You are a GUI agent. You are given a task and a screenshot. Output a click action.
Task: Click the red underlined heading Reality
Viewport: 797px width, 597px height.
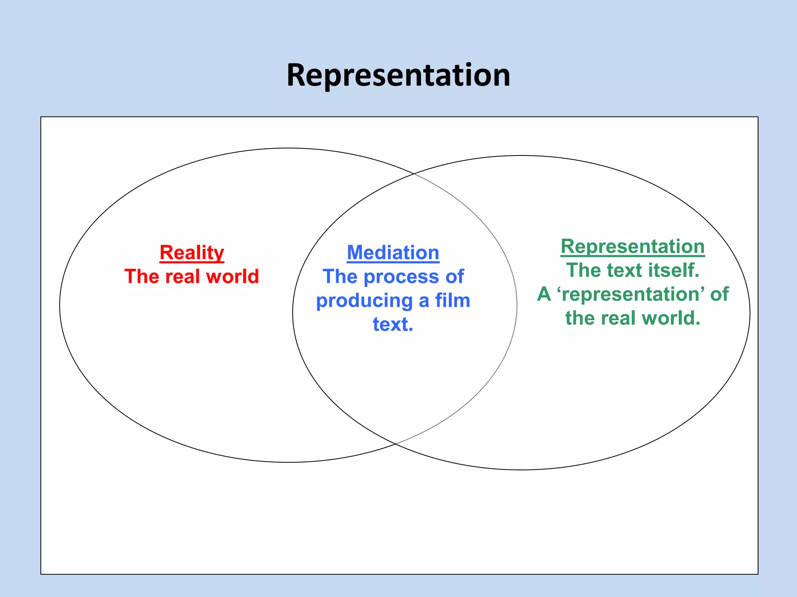coord(192,253)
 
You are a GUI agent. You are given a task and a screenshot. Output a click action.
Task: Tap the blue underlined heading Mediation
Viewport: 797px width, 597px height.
coord(393,253)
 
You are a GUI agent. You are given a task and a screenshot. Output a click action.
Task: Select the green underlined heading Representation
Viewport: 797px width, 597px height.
coord(632,246)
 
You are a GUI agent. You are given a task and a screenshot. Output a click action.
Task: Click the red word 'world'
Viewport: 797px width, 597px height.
coord(232,277)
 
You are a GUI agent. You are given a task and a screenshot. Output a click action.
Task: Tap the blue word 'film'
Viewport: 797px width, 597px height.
coord(453,300)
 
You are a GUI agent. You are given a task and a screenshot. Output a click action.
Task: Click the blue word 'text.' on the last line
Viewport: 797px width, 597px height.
coord(393,324)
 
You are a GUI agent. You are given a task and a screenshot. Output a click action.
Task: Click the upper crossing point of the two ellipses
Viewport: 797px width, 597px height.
coord(413,173)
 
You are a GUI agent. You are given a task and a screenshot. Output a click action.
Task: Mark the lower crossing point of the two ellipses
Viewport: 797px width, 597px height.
coord(395,443)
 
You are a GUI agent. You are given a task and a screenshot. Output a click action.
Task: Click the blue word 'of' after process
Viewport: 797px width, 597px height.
coord(455,277)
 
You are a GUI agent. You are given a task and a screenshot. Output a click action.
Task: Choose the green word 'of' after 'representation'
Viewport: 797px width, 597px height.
coord(719,294)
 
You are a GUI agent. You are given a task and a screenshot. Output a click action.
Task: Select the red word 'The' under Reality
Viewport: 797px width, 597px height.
coord(141,277)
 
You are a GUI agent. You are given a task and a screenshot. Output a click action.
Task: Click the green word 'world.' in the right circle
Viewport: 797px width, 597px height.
coord(671,318)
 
